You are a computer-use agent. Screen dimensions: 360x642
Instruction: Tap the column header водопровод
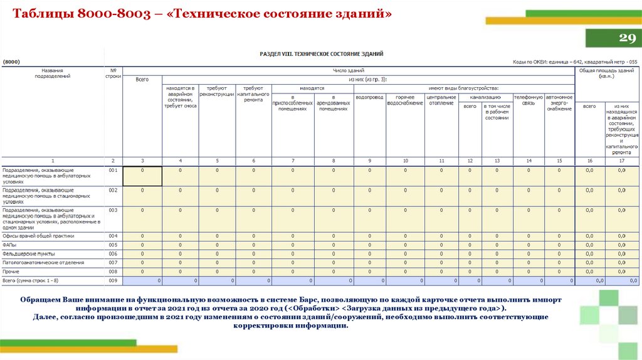(369, 98)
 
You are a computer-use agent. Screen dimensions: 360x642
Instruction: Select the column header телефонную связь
(528, 100)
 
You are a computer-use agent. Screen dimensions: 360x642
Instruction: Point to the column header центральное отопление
(441, 100)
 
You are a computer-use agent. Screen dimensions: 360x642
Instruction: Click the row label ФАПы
(10, 245)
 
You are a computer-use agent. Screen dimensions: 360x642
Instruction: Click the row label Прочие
(11, 272)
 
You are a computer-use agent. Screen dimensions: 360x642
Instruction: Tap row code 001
(113, 170)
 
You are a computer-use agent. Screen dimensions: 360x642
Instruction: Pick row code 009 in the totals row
(113, 280)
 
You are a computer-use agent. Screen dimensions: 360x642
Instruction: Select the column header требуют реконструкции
(217, 92)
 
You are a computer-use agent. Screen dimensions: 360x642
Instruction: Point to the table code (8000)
(12, 61)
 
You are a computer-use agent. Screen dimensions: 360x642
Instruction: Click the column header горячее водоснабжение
(405, 100)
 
